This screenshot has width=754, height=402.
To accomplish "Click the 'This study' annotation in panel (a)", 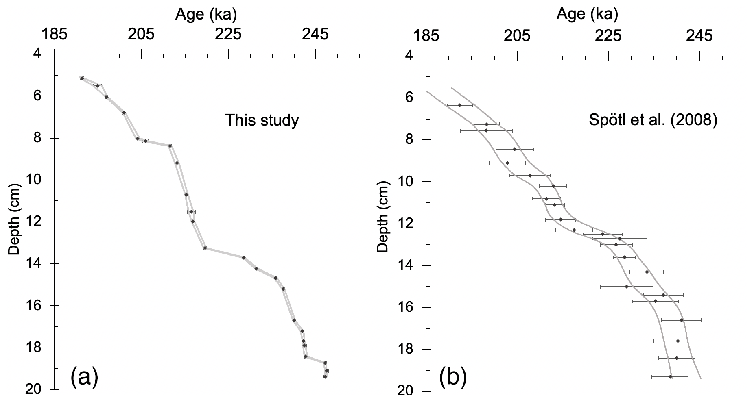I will click(262, 120).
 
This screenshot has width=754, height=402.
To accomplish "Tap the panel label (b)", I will click(452, 378).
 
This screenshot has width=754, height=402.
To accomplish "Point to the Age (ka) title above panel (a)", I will click(206, 15).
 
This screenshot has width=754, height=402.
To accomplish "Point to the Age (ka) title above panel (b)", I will click(587, 15).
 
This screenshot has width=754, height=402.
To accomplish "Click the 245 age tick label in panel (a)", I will click(316, 35).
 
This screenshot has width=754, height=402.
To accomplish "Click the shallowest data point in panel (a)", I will click(82, 78).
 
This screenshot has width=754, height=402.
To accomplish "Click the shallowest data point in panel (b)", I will click(460, 105).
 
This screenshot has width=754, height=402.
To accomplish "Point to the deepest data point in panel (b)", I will click(670, 377).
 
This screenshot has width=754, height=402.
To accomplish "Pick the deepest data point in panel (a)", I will click(325, 377).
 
